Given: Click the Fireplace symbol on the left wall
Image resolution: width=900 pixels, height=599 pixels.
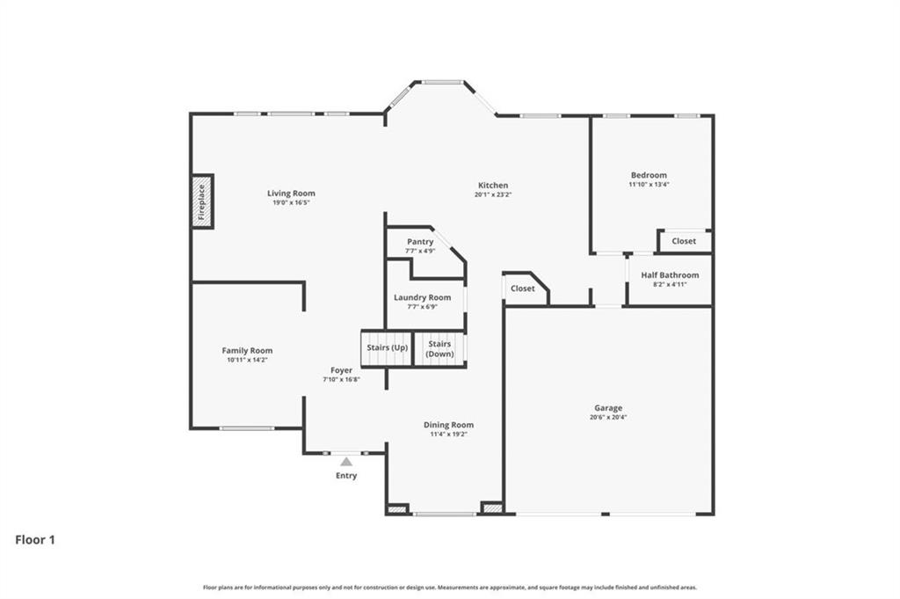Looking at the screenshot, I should (202, 201).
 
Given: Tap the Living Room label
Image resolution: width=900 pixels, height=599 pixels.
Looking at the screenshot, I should (291, 194).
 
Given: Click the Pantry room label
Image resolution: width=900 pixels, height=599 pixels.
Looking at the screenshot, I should (420, 242).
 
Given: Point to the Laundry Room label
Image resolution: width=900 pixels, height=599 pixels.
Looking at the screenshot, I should (422, 297).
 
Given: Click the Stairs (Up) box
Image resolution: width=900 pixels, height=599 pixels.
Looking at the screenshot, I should (387, 348).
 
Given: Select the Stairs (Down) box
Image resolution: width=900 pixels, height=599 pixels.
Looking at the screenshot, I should (439, 349).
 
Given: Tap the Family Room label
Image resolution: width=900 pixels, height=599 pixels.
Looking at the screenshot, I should (247, 350).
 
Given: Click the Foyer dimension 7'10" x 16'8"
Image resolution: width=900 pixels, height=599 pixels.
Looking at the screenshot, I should (341, 380).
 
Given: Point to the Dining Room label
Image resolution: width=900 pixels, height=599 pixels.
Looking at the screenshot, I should (448, 425).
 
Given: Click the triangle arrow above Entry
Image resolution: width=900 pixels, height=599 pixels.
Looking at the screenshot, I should (346, 461).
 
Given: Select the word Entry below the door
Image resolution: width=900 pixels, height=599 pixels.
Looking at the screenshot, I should (346, 476).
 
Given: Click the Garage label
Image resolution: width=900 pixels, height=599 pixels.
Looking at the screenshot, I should (608, 408).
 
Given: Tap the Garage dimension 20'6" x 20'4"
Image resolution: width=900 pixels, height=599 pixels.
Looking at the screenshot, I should (608, 418).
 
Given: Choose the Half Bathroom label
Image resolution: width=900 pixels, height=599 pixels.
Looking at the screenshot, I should (670, 275).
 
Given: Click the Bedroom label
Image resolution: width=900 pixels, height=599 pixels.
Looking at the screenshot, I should (648, 175).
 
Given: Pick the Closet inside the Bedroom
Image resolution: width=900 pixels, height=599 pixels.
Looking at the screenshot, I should (684, 241).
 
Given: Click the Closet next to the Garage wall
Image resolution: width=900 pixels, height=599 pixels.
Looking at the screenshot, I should (523, 289).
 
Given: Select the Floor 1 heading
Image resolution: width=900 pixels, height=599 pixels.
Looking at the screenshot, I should (35, 540).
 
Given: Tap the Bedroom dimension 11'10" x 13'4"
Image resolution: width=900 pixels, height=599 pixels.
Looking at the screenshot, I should (648, 185).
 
